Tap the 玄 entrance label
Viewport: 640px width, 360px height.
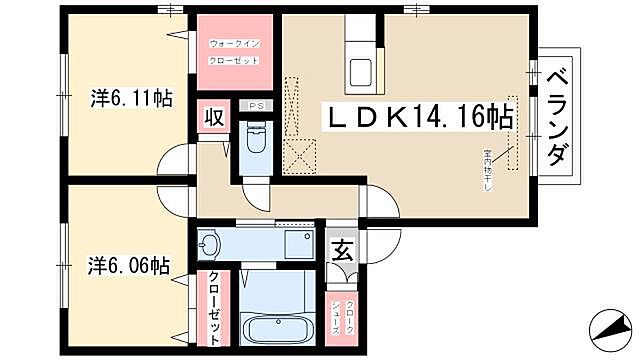point(341,250)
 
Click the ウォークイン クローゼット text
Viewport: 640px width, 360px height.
point(234,52)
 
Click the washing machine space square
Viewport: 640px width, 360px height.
point(297,243)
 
